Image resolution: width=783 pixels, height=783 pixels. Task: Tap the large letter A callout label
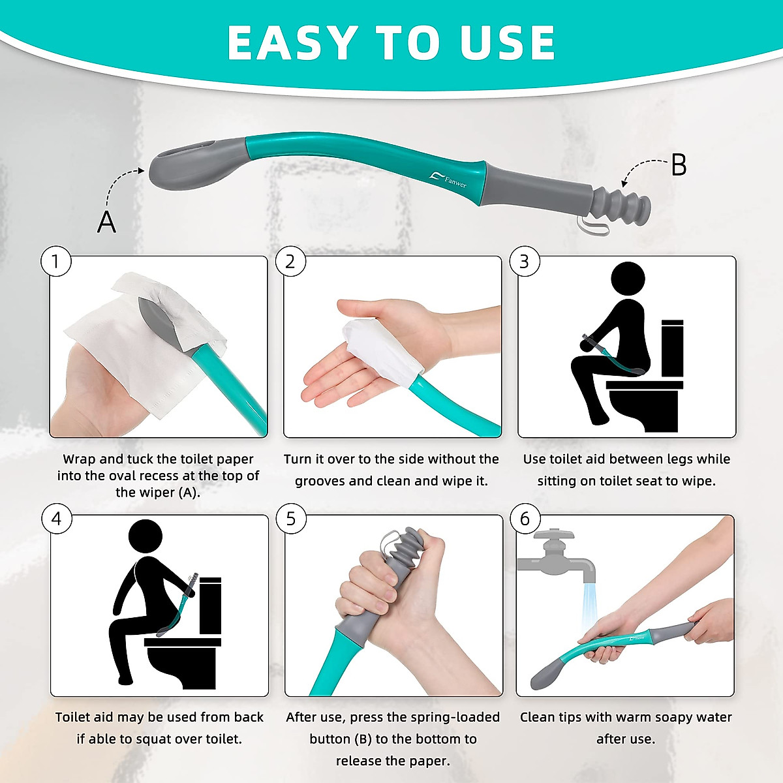pos(106,222)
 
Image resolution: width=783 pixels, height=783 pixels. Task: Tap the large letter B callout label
pos(679,166)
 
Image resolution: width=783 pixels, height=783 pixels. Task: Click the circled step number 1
pos(55,262)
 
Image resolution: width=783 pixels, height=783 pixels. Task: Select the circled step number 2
pos(290,262)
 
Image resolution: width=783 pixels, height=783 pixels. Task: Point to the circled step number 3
pos(524,262)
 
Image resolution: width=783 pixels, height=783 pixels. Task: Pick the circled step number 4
pos(56,519)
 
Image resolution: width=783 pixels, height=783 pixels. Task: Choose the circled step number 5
pos(290,519)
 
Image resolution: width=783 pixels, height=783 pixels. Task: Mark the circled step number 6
pos(525,519)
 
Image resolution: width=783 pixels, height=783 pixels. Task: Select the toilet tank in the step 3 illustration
pos(672,349)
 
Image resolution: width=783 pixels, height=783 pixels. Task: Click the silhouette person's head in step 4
pos(145,537)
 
